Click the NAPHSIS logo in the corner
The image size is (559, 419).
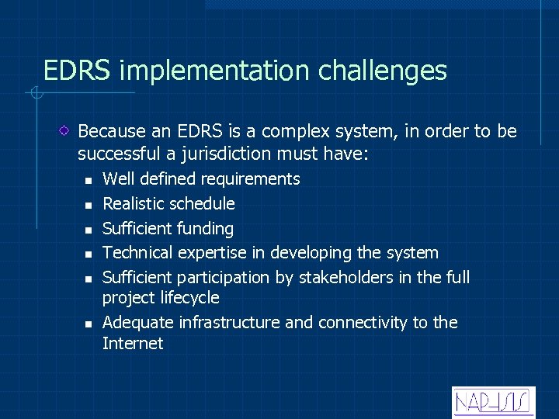[x=493, y=402]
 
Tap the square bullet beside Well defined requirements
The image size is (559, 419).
[x=89, y=180]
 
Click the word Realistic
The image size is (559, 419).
[x=134, y=204]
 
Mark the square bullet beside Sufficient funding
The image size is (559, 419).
[x=89, y=230]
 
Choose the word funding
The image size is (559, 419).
[x=205, y=229]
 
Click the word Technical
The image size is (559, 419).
[x=138, y=253]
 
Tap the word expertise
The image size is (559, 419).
[x=212, y=254]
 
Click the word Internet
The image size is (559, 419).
[x=133, y=344]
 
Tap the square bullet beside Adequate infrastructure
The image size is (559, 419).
[x=89, y=324]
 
